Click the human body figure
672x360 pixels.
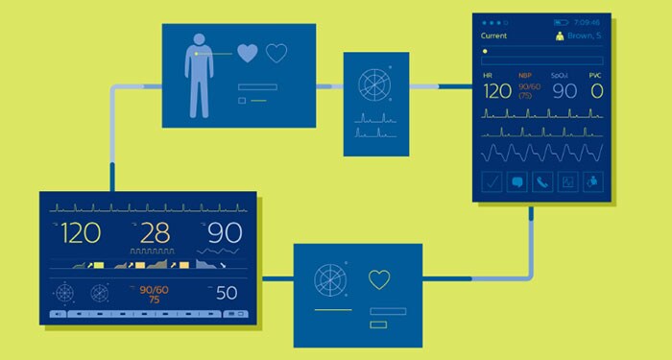coord(200,75)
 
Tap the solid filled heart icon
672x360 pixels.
coord(248,53)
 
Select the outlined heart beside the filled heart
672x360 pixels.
coord(276,53)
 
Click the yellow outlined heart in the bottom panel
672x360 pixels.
coord(380,279)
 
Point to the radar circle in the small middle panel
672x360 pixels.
coord(374,84)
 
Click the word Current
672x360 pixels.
coord(494,36)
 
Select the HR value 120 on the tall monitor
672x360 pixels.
coord(497,91)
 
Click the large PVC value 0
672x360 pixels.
coord(596,91)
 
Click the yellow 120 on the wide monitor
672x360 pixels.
coord(81,232)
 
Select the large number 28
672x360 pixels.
coord(155,232)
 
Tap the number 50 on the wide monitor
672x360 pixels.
coord(227,293)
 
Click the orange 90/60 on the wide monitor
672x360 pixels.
coord(154,288)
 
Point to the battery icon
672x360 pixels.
coord(562,21)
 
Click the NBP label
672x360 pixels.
coord(524,74)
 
